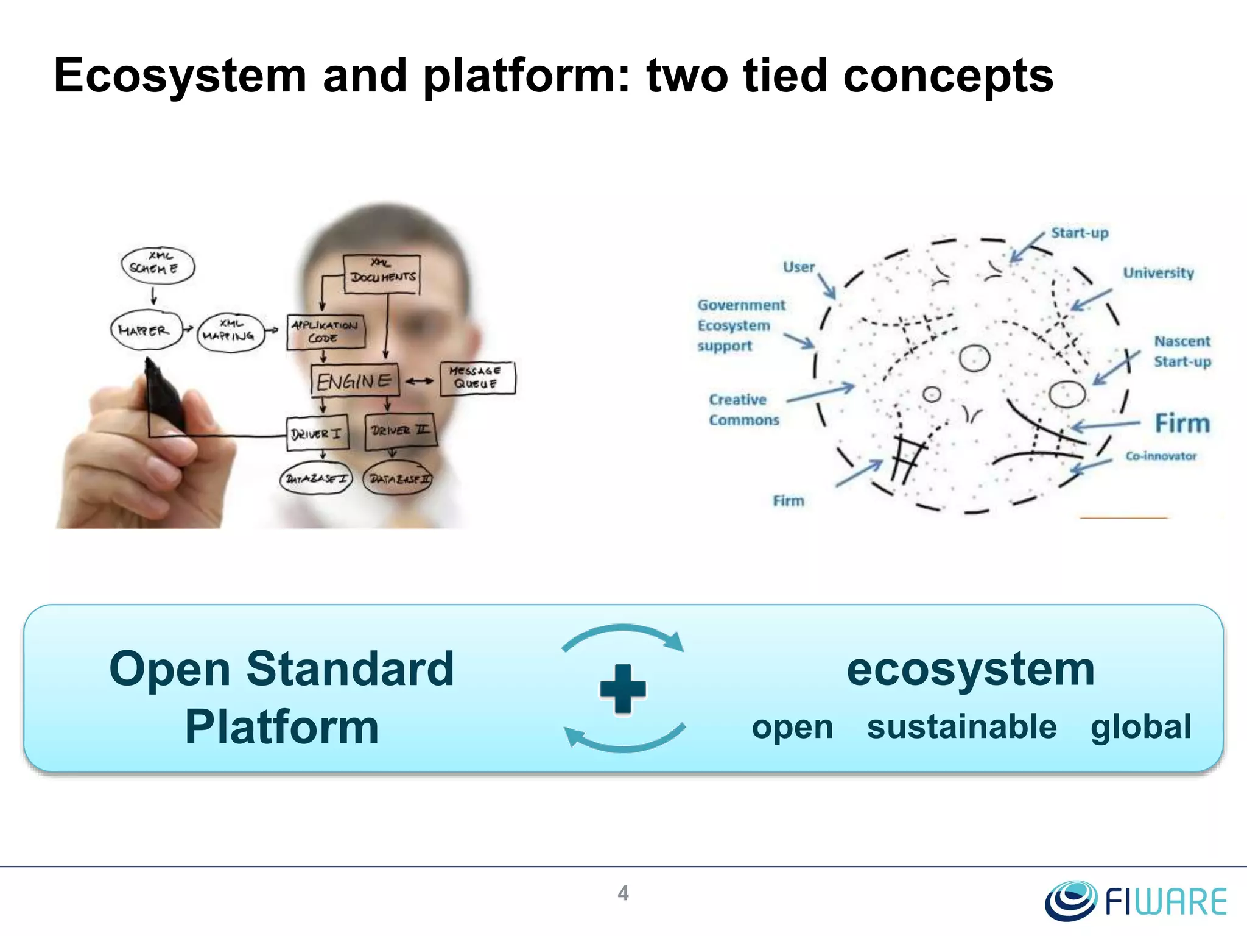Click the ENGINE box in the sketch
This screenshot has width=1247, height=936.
click(x=354, y=381)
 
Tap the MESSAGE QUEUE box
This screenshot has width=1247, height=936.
click(x=477, y=378)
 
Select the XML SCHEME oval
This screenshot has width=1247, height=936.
click(x=158, y=265)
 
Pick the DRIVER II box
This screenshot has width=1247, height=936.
click(x=400, y=431)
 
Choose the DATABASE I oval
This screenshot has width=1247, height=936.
click(x=316, y=479)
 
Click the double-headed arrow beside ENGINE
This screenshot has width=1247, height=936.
click(x=420, y=381)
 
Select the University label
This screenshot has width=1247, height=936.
click(x=1158, y=273)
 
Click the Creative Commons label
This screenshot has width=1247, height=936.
click(x=743, y=409)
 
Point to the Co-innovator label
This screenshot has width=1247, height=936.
click(x=1161, y=456)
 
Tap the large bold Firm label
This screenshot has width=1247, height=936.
click(x=1182, y=424)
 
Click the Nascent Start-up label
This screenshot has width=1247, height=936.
click(x=1182, y=352)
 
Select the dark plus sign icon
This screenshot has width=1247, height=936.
click(x=622, y=689)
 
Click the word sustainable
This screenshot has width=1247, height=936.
click(x=961, y=727)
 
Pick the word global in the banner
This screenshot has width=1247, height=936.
click(x=1140, y=727)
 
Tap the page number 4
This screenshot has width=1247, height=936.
click(x=623, y=893)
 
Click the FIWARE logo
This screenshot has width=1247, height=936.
click(x=1136, y=901)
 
